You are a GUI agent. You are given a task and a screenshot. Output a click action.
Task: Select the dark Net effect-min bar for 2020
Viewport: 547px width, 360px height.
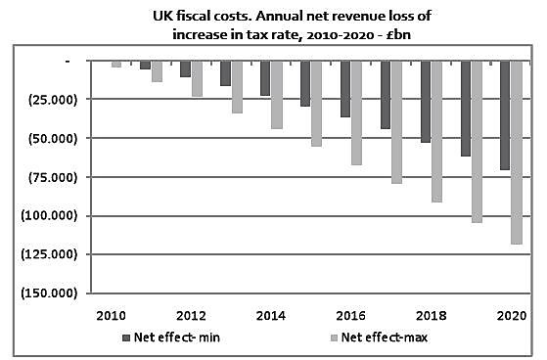(x=504, y=114)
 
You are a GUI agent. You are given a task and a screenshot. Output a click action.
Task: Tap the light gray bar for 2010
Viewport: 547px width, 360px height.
(x=116, y=64)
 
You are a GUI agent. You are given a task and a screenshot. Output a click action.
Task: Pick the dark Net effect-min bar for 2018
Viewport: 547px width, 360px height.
(x=424, y=102)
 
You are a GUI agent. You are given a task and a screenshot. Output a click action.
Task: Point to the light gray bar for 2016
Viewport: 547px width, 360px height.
(x=357, y=112)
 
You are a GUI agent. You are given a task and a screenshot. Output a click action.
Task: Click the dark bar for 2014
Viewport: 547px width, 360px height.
(x=264, y=78)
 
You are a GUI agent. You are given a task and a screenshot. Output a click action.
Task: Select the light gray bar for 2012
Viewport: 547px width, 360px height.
(x=197, y=78)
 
